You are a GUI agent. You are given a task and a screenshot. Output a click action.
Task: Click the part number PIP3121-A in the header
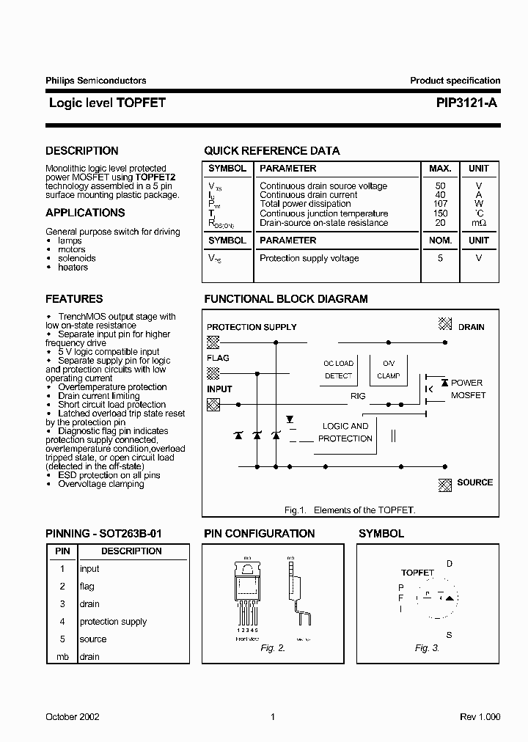tap(461, 103)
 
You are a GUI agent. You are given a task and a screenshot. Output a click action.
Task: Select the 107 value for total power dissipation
tap(440, 204)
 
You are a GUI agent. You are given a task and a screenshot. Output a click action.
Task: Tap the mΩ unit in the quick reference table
tap(478, 223)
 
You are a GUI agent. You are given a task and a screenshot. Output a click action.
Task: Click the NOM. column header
tap(440, 240)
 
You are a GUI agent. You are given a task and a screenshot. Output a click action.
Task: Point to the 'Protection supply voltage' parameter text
tap(309, 259)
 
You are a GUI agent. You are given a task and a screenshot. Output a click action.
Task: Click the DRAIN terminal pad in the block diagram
tap(444, 323)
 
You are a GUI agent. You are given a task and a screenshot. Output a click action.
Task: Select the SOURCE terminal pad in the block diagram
tap(444, 483)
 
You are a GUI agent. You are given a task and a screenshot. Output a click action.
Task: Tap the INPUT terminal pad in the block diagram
tap(213, 403)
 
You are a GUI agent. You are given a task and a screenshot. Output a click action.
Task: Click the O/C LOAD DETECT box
tap(338, 370)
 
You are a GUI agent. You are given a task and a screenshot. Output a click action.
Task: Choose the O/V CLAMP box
tap(388, 370)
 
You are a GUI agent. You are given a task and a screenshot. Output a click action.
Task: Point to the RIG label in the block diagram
tap(357, 397)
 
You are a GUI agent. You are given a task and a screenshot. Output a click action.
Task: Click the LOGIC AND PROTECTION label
tap(345, 432)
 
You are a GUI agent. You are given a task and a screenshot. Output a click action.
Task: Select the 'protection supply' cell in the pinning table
tap(113, 622)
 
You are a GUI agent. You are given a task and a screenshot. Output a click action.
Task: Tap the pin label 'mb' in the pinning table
tap(62, 657)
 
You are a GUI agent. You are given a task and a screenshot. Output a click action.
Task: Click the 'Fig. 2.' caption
tap(272, 648)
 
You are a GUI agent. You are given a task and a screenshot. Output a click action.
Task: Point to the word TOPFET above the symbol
tap(417, 573)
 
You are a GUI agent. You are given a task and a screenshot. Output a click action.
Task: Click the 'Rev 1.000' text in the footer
tap(480, 717)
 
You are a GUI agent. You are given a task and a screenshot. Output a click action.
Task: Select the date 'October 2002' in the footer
tap(73, 717)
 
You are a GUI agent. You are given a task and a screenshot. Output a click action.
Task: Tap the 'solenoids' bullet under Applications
tap(77, 259)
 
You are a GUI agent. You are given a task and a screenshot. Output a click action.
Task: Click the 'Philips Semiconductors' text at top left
tap(95, 81)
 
